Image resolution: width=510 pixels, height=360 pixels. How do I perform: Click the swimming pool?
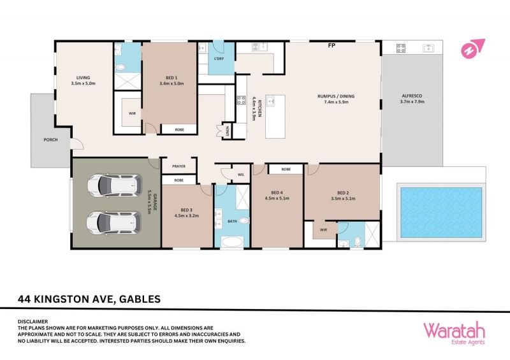pyautogui.click(x=441, y=212)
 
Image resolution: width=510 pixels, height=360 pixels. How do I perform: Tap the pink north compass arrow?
pyautogui.click(x=472, y=48)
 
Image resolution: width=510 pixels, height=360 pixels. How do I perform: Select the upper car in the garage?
pyautogui.click(x=115, y=185)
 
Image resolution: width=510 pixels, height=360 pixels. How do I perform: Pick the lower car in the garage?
pyautogui.click(x=114, y=223)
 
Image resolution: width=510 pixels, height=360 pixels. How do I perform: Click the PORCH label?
pyautogui.click(x=50, y=140)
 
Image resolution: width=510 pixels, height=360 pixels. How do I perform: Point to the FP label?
pyautogui.click(x=331, y=46)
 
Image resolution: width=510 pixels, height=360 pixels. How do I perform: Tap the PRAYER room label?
pyautogui.click(x=179, y=166)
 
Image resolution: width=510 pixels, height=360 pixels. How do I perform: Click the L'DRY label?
pyautogui.click(x=219, y=59)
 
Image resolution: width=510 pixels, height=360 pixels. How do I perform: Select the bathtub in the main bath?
pyautogui.click(x=232, y=242)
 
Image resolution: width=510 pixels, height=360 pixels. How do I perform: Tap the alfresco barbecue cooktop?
pyautogui.click(x=401, y=48)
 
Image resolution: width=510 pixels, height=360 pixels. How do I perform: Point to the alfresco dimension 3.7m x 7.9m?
pyautogui.click(x=412, y=101)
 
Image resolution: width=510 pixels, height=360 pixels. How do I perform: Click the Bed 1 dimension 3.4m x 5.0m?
pyautogui.click(x=171, y=83)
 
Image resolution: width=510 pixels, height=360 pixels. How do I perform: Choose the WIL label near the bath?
pyautogui.click(x=241, y=175)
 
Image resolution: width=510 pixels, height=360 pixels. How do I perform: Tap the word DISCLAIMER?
pyautogui.click(x=33, y=322)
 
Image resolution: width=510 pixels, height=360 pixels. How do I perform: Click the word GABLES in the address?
pyautogui.click(x=140, y=299)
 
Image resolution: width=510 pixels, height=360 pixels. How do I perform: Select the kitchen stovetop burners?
pyautogui.click(x=241, y=100)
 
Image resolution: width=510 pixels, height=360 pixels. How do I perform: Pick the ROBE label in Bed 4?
pyautogui.click(x=286, y=169)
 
